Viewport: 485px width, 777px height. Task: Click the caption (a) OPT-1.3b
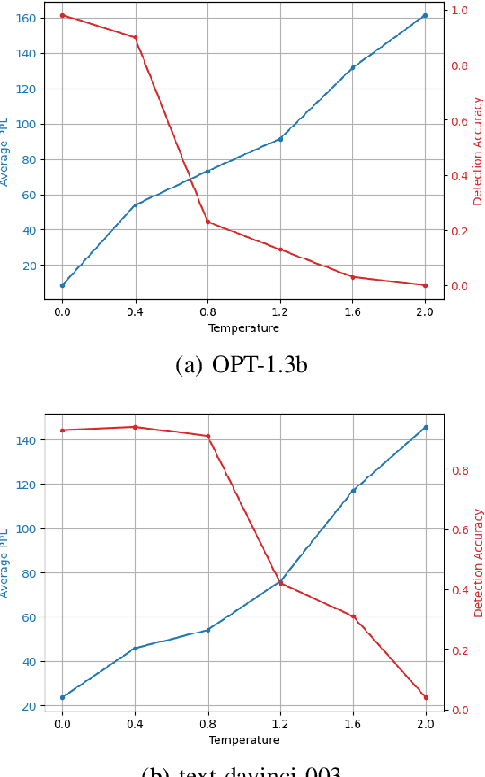tap(242, 365)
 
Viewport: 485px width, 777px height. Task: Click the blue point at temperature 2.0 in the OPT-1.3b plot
tap(425, 15)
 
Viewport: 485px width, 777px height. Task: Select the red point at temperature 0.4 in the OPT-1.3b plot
tap(135, 37)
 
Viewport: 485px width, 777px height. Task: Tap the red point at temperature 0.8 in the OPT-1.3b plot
tap(207, 222)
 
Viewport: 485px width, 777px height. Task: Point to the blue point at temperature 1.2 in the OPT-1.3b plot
tap(280, 139)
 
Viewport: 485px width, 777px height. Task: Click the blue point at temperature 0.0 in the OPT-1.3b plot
tap(62, 285)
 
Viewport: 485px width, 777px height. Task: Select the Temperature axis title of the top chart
tap(243, 328)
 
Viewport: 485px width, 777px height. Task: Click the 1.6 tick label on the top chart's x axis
tap(353, 312)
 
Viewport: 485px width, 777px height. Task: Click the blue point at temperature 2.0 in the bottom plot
tap(425, 427)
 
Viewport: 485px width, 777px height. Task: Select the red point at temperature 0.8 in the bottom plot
tap(207, 436)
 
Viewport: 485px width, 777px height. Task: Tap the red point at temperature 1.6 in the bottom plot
tap(353, 616)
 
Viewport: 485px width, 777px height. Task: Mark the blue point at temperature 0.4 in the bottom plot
tap(135, 649)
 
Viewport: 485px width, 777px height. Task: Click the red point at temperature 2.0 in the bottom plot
tap(425, 697)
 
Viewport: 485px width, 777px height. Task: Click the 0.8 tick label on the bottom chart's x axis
tap(207, 724)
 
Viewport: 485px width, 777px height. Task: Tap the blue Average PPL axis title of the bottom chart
tap(4, 563)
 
